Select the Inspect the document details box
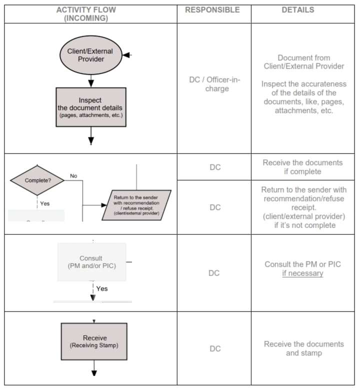(x=90, y=107)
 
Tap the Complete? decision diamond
(x=37, y=180)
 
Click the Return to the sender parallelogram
(x=136, y=204)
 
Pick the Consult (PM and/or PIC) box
(x=91, y=262)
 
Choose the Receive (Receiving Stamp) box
(x=94, y=342)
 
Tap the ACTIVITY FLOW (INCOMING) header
(x=90, y=14)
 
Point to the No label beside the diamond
(x=73, y=176)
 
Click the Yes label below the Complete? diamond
(x=44, y=203)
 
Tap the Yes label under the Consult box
(x=101, y=288)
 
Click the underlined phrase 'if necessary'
(x=302, y=273)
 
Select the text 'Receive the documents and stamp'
(x=303, y=348)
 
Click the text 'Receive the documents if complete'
(x=302, y=167)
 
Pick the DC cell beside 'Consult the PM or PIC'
(x=214, y=273)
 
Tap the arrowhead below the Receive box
(x=94, y=372)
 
